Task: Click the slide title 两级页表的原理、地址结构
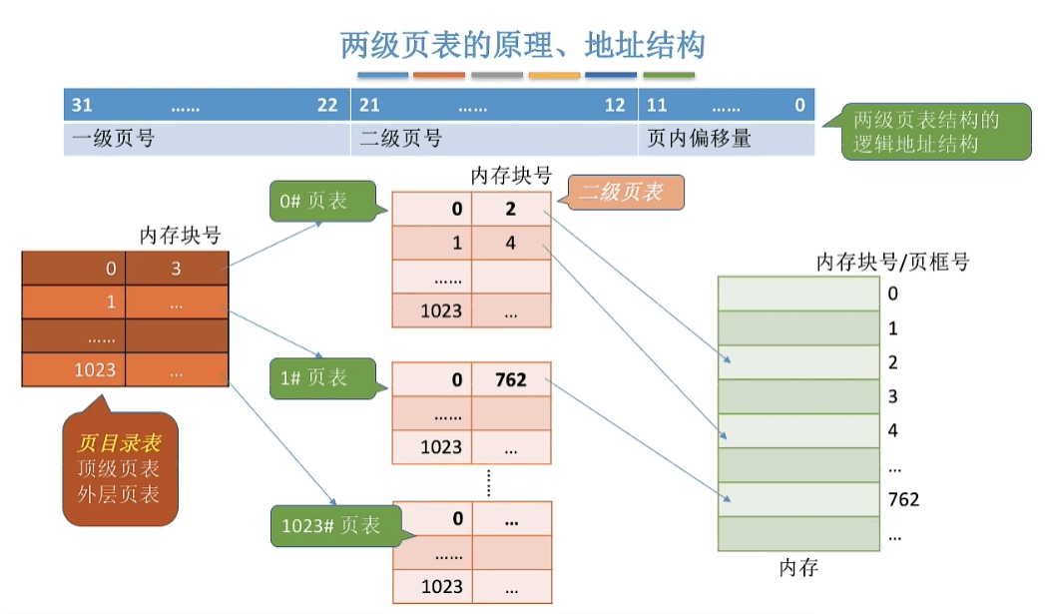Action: [523, 45]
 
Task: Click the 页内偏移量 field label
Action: [700, 139]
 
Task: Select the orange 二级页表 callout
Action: [625, 192]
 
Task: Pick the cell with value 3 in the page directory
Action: [177, 268]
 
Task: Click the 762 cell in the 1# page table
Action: [510, 379]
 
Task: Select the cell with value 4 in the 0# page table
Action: [510, 242]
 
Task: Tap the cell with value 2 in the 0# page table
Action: [510, 209]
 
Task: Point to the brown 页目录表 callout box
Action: [119, 468]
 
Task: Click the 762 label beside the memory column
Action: [902, 499]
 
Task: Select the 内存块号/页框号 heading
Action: [892, 262]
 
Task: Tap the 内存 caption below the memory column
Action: [798, 568]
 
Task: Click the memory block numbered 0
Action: [798, 294]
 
